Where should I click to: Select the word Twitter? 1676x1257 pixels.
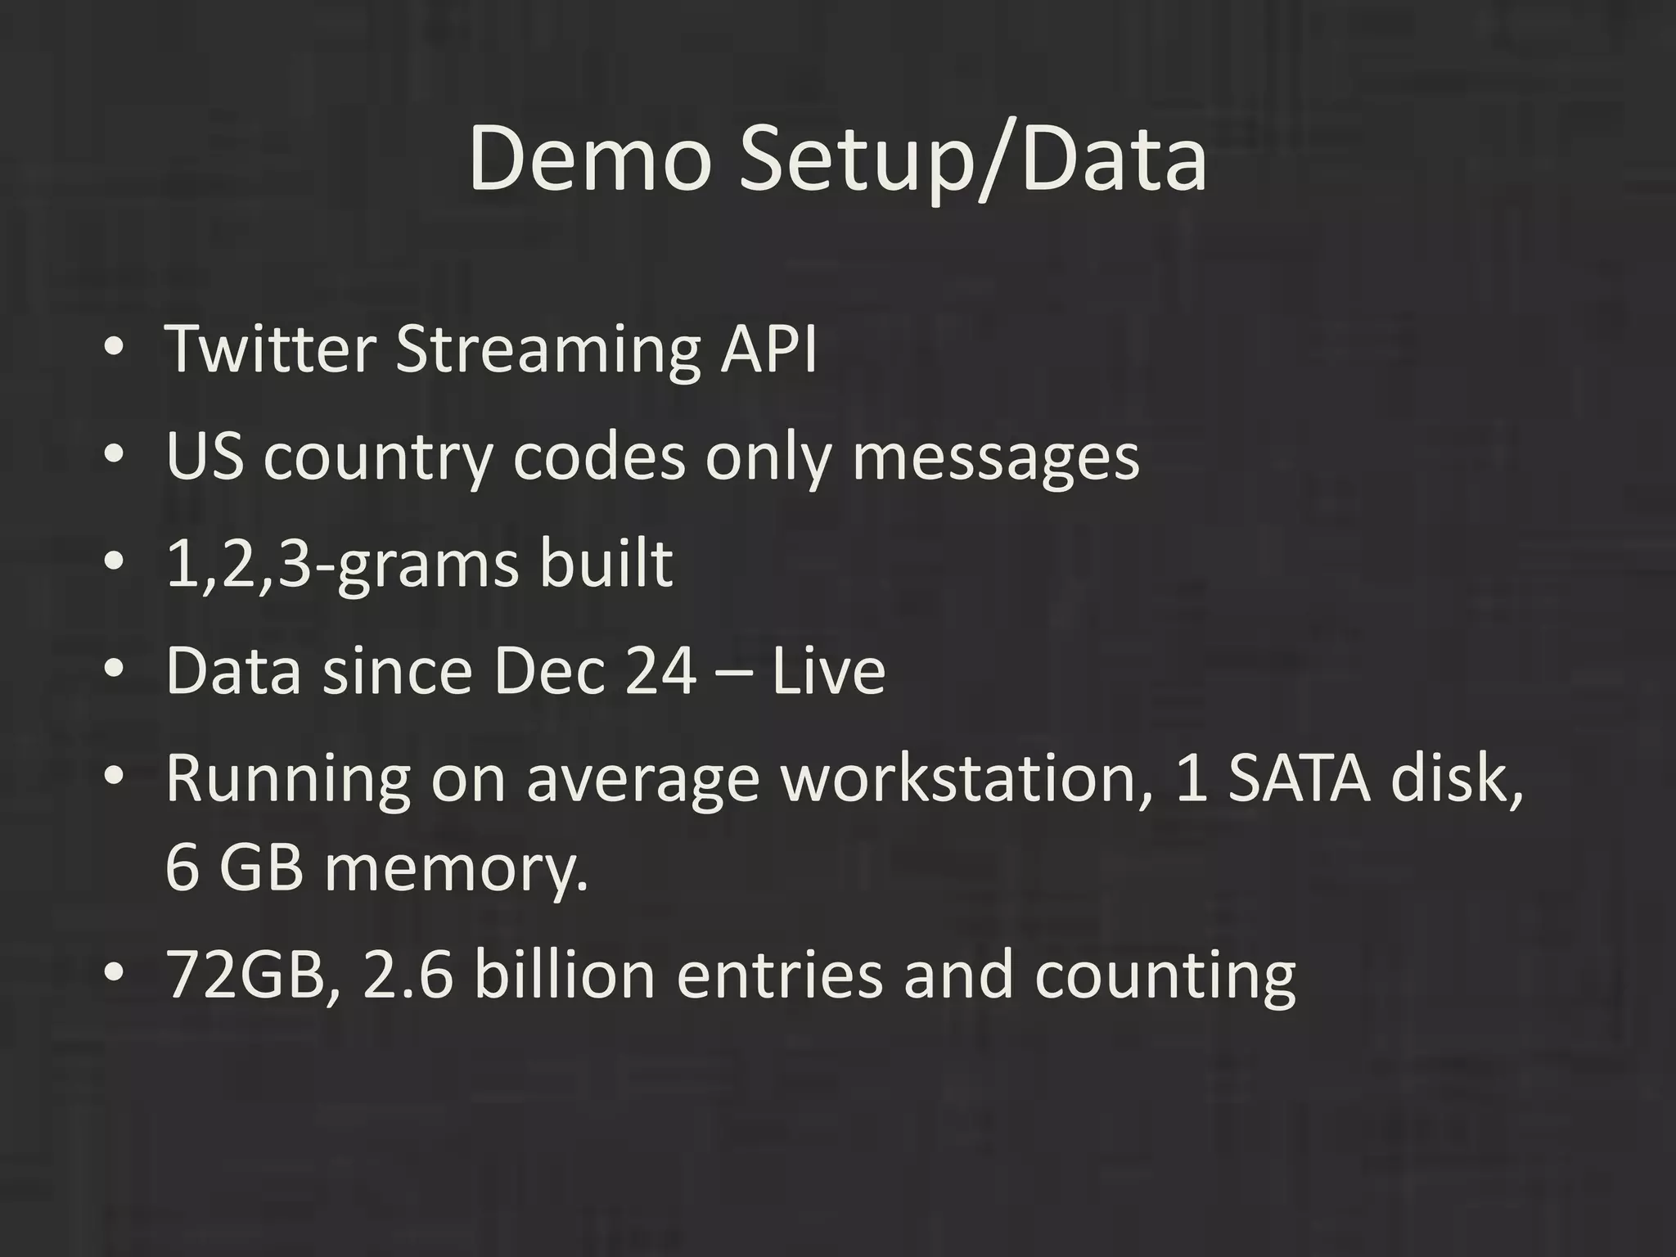coord(271,349)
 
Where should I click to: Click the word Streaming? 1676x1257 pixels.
coord(547,349)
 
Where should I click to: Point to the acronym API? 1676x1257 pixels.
coord(768,349)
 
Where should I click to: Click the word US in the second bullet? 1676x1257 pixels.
coord(205,456)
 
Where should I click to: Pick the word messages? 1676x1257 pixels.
coord(995,456)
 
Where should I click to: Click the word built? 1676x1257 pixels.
coord(606,565)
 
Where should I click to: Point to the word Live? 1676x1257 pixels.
coord(828,672)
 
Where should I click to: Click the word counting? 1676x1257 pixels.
coord(1165,975)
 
